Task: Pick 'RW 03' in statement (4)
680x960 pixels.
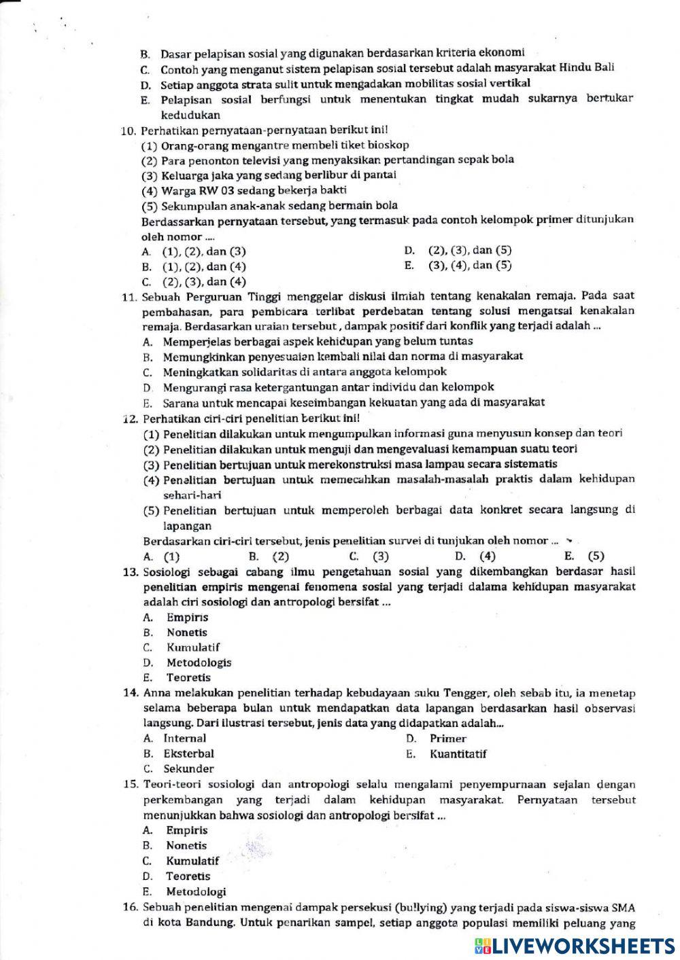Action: click(x=209, y=190)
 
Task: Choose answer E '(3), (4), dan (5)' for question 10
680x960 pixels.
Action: click(x=469, y=266)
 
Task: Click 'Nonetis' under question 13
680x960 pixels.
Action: click(x=187, y=633)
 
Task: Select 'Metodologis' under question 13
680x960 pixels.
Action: click(x=199, y=662)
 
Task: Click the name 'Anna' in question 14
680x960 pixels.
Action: click(x=156, y=693)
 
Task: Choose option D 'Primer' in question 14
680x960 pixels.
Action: click(x=447, y=739)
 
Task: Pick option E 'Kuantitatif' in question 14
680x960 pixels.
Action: click(x=458, y=754)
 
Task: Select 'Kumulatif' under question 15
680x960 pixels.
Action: click(x=192, y=861)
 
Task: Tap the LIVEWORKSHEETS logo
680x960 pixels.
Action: click(x=575, y=945)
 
